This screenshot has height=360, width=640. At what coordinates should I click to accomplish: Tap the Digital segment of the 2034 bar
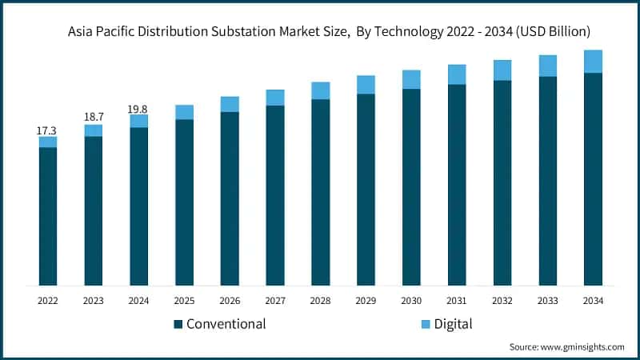click(593, 62)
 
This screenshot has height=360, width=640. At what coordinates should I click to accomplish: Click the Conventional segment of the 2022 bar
click(48, 216)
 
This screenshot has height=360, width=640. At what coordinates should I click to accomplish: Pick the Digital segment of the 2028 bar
click(321, 90)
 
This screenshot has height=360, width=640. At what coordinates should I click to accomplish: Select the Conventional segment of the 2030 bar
click(411, 186)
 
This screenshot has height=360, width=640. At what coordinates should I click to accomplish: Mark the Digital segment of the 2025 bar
click(185, 112)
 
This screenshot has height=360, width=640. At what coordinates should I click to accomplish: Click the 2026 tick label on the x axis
click(230, 301)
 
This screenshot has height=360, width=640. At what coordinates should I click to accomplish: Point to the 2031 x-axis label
click(457, 301)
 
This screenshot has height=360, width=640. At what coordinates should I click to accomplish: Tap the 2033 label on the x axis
click(547, 301)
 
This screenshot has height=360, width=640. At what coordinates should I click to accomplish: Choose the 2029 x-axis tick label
click(366, 301)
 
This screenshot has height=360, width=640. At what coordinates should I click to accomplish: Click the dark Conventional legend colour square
click(178, 324)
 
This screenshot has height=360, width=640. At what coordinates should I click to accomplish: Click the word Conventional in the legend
click(226, 324)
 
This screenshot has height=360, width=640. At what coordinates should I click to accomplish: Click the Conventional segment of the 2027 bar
click(275, 195)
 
